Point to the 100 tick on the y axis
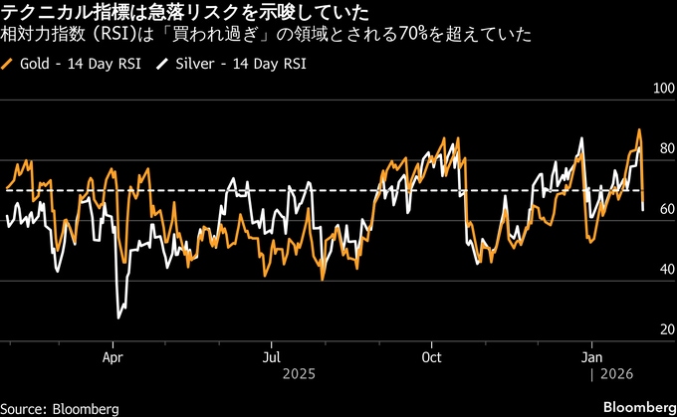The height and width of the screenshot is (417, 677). (661, 90)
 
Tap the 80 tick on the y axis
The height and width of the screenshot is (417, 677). (664, 149)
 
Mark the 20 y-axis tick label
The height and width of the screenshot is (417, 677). (664, 329)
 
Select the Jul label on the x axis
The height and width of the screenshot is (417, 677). (271, 355)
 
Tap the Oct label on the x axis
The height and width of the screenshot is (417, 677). (431, 355)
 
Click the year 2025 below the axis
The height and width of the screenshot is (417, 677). (299, 373)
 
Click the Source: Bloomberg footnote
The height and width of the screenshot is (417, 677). (60, 408)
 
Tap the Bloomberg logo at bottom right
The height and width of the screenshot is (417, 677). (637, 407)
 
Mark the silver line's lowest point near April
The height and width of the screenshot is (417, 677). (118, 317)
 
